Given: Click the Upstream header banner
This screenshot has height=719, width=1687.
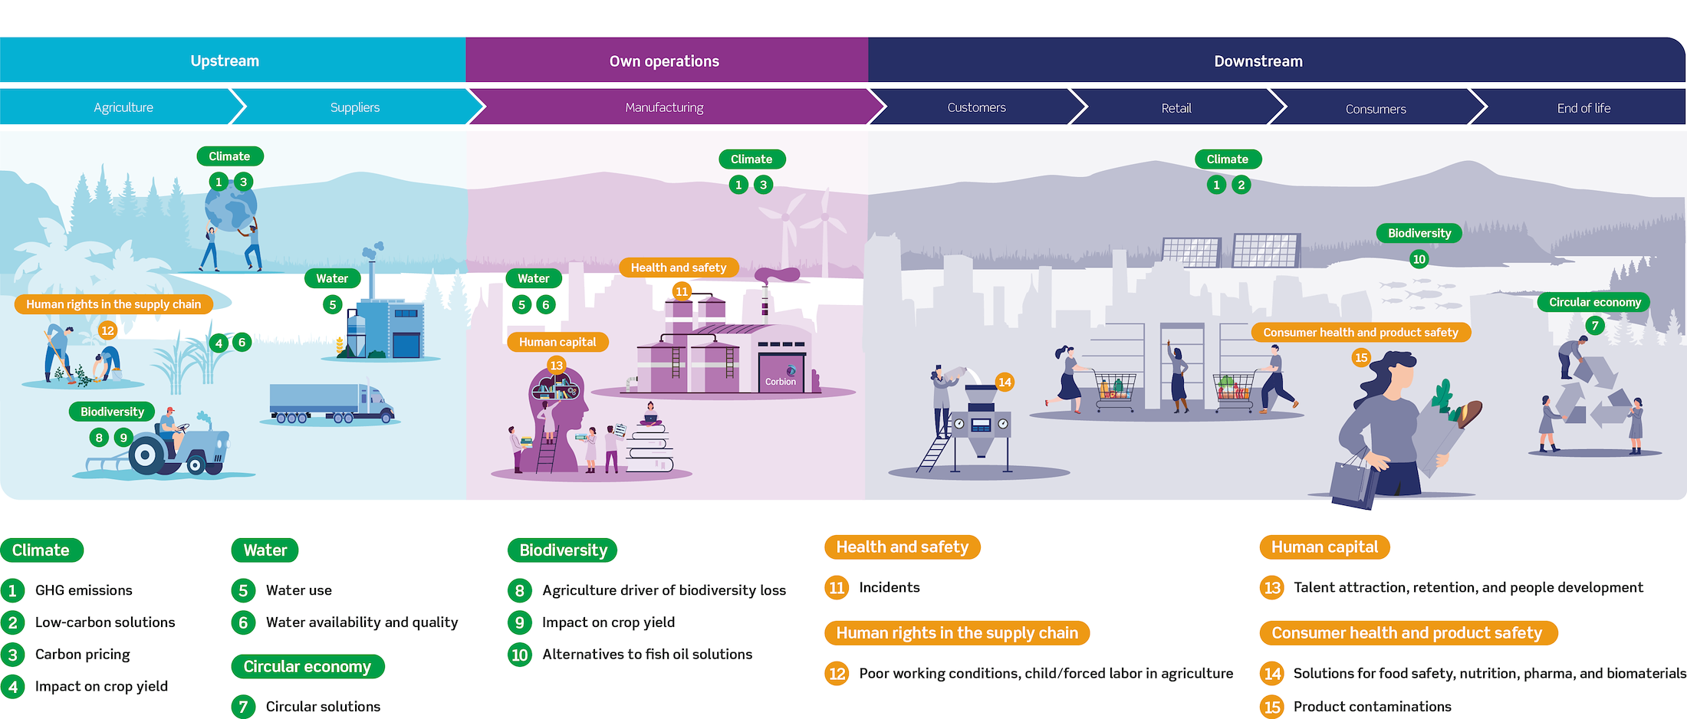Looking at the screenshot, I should tap(225, 61).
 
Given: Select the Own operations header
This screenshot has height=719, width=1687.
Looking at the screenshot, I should tap(664, 61).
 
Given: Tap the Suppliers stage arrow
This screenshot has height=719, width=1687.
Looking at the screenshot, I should tap(355, 107).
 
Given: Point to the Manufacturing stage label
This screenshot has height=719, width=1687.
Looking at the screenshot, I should tap(664, 107).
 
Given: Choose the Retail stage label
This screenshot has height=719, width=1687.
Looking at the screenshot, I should tap(1176, 108).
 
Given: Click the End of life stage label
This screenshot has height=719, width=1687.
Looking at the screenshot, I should tap(1583, 108).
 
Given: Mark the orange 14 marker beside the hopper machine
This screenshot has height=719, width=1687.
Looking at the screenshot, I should tap(1005, 382).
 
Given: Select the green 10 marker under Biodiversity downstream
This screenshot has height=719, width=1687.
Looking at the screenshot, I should tap(1419, 259).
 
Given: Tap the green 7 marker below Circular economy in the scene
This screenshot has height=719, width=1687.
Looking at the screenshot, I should tap(1595, 326).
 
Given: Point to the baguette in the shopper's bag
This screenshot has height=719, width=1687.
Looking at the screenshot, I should tap(1468, 415).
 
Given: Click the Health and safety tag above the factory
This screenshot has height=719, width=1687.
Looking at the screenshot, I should tap(679, 268).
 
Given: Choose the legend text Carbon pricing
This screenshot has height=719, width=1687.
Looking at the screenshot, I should tap(83, 655).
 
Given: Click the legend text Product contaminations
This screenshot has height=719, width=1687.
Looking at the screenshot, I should tap(1372, 707).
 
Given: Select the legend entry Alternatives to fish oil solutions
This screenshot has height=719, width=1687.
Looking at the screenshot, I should tap(647, 655).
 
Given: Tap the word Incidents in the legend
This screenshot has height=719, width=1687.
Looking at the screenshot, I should tap(890, 588).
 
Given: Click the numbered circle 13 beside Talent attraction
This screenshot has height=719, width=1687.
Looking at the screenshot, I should tap(1272, 588).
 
